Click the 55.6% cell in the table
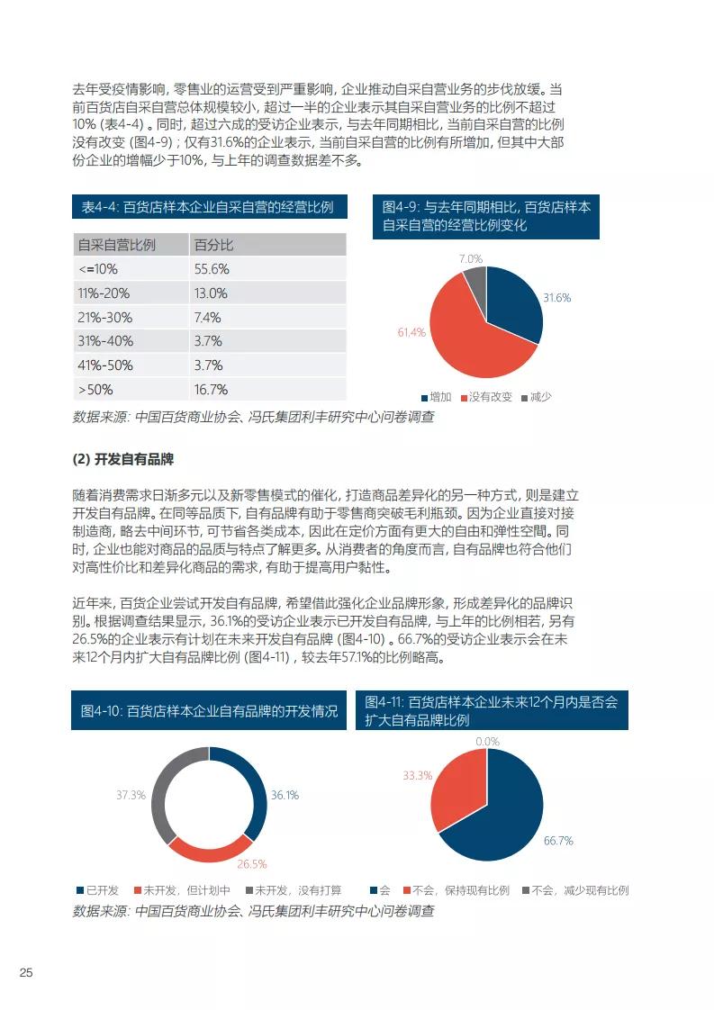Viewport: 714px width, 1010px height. click(212, 269)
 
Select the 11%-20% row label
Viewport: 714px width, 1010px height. click(104, 293)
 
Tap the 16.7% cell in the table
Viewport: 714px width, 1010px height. click(211, 390)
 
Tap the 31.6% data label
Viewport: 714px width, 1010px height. click(556, 298)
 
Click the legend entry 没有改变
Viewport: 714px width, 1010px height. click(490, 397)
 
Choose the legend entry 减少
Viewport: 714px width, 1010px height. click(539, 397)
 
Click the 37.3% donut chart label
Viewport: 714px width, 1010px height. click(131, 795)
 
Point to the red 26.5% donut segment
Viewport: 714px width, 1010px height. click(211, 848)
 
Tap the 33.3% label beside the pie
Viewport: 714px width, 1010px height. click(418, 775)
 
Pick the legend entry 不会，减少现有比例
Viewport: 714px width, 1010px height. click(580, 890)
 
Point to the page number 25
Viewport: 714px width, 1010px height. click(26, 973)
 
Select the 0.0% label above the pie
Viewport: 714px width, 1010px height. click(487, 742)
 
